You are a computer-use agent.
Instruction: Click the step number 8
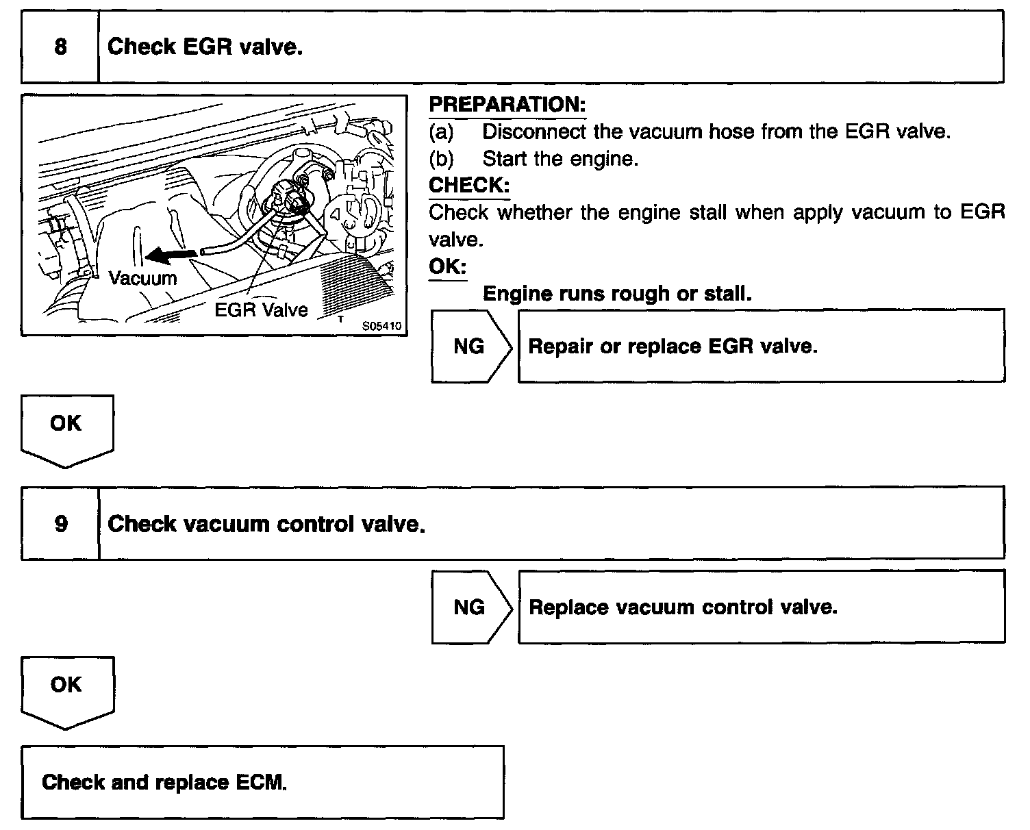coord(60,47)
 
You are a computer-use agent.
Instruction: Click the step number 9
coord(60,524)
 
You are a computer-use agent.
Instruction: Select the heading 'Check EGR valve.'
coord(205,47)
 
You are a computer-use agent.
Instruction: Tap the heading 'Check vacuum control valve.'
coord(266,524)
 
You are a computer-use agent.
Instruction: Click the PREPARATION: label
coord(507,105)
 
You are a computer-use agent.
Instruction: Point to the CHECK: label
coord(469,185)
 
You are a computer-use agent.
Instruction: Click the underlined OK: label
coord(447,266)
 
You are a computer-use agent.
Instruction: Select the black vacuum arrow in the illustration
coord(171,255)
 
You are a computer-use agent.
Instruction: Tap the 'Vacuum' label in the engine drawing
coord(142,278)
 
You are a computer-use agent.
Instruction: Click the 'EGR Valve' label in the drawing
coord(261,310)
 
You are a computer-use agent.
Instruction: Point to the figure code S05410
coord(381,326)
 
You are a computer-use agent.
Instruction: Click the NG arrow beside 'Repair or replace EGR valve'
coord(470,347)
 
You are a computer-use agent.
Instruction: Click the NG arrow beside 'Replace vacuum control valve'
coord(470,607)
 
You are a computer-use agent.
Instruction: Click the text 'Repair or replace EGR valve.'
coord(673,347)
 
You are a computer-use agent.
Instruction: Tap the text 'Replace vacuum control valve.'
coord(683,607)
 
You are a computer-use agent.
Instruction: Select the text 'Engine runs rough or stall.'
coord(617,294)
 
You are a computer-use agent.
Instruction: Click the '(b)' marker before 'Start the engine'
coord(441,159)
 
